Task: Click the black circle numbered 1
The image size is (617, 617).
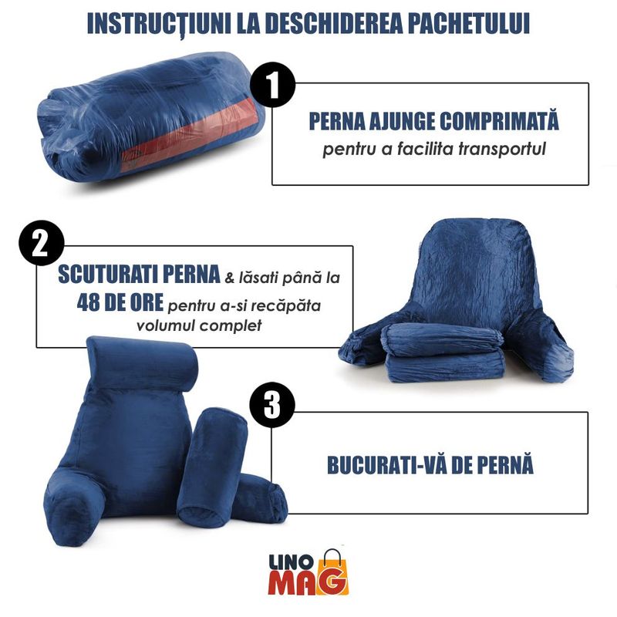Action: [272, 85]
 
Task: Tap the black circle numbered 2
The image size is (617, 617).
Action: [41, 244]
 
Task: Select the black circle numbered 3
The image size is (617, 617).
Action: [272, 404]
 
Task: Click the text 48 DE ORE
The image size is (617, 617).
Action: [120, 303]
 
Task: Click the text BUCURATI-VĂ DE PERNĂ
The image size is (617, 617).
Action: [430, 466]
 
